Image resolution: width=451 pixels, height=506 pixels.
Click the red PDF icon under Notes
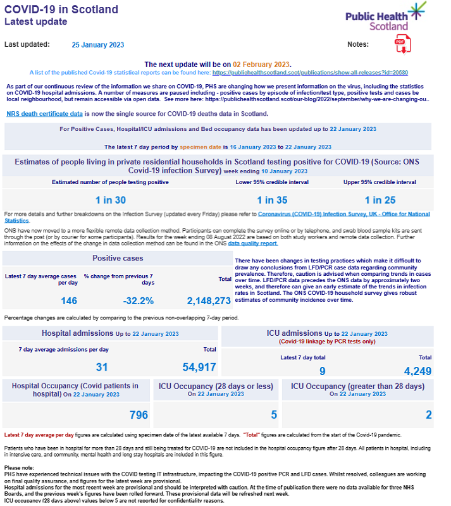401,44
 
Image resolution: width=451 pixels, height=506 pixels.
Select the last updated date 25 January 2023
98,45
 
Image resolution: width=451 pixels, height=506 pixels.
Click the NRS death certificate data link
44,114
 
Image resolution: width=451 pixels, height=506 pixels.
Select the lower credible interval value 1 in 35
273,199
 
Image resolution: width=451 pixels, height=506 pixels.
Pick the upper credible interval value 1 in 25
380,199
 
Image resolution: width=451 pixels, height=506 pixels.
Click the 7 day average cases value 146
69,300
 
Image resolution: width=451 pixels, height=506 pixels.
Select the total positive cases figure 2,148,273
209,300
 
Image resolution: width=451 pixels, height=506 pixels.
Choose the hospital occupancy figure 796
138,415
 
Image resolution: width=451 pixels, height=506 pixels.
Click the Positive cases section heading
118,258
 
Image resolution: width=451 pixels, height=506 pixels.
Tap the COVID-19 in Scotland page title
61,9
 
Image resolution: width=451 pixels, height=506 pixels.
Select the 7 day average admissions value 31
102,367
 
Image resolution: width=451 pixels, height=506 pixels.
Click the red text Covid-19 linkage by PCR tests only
326,342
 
